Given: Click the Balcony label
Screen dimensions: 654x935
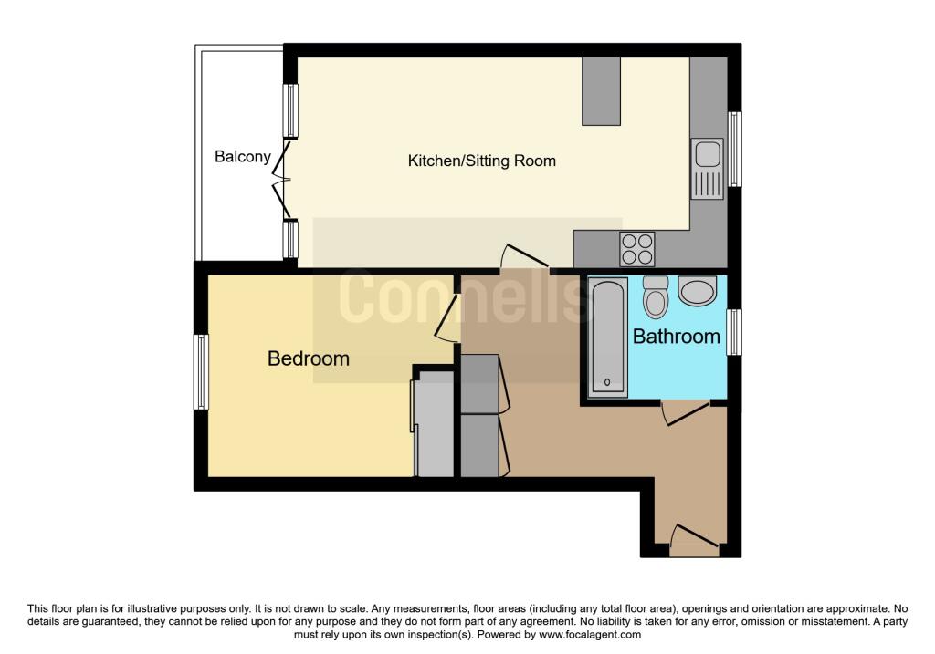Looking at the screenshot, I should click(x=242, y=157).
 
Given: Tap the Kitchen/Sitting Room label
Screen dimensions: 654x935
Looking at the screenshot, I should click(x=481, y=161).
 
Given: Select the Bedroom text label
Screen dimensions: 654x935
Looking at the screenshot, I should click(x=308, y=358).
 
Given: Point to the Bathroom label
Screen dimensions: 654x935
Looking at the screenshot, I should click(x=676, y=337).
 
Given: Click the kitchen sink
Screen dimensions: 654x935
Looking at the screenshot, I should click(x=708, y=169).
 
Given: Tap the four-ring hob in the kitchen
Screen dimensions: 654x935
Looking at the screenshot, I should click(x=637, y=248).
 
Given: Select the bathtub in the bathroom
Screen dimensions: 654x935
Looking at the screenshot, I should click(x=607, y=337).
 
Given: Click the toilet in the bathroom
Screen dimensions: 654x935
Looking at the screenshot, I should click(x=656, y=296).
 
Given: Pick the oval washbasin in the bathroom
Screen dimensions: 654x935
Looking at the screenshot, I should click(x=699, y=293).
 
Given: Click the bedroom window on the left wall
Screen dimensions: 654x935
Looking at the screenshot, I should click(x=201, y=371).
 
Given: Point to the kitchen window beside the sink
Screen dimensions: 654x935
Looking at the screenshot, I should click(x=733, y=149).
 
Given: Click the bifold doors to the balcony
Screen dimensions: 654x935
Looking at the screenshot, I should click(x=283, y=180).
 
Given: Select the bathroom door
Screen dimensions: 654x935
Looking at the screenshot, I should click(x=685, y=412).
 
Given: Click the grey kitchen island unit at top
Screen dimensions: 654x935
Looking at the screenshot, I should click(x=600, y=91).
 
